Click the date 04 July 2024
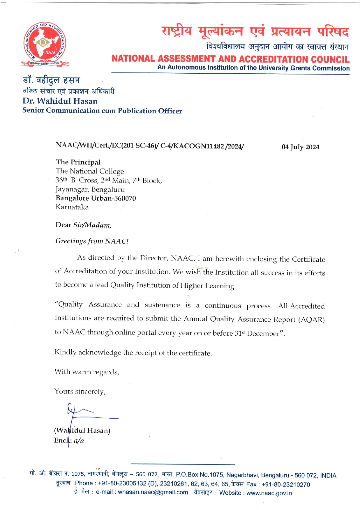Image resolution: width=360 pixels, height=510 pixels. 300,147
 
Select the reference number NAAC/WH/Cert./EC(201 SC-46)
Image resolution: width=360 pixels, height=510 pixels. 106,146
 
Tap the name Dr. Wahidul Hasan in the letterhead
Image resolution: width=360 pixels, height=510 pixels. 60,101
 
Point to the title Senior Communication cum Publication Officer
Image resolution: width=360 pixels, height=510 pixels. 102,111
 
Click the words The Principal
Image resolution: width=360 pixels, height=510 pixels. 78,162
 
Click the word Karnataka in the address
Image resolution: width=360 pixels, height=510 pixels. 72,207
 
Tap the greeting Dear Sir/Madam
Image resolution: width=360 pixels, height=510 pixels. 83,225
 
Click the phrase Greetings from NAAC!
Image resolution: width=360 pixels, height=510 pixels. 92,241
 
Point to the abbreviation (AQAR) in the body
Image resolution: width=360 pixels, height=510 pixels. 311,320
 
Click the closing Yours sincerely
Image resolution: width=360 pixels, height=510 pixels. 80,392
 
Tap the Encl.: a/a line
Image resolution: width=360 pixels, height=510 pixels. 69,441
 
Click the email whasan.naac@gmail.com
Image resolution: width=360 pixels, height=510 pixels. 153,492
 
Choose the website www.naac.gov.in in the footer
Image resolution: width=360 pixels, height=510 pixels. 269,493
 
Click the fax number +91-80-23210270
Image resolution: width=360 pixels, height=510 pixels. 286,484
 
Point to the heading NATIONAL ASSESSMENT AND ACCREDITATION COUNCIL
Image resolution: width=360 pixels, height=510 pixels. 230,59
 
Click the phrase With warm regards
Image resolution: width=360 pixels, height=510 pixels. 87,372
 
